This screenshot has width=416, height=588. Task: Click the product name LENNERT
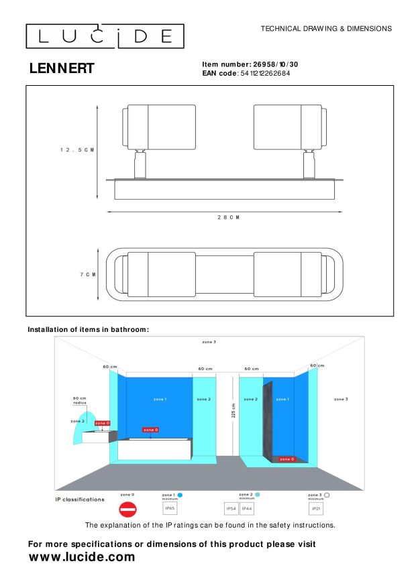(x=62, y=68)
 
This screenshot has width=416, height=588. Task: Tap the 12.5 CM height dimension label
(x=76, y=150)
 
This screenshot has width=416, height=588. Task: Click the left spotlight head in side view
(x=159, y=127)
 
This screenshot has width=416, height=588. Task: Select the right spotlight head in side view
(x=290, y=127)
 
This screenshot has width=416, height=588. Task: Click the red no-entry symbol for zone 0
(x=127, y=510)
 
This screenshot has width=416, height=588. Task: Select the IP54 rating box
(x=230, y=510)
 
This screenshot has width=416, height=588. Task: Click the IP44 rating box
(x=246, y=510)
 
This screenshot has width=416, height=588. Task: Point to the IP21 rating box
(x=315, y=510)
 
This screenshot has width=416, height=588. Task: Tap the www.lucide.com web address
(x=82, y=557)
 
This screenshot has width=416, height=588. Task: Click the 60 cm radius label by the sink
(x=80, y=400)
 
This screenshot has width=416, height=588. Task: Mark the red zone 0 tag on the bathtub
(x=151, y=429)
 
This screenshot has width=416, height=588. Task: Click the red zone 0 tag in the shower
(x=286, y=459)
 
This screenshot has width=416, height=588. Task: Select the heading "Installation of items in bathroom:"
(x=88, y=329)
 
